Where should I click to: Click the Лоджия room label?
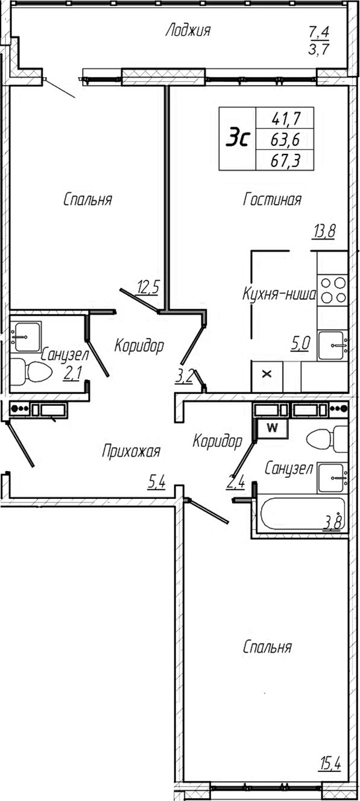tap(188, 31)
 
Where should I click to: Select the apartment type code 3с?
tap(238, 139)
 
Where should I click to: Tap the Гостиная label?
tap(272, 200)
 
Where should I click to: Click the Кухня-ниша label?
tap(279, 295)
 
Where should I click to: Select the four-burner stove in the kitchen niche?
tap(333, 290)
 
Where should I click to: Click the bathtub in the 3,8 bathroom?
tap(301, 514)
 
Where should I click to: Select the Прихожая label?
tap(131, 451)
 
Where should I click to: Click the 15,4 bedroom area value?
tap(330, 765)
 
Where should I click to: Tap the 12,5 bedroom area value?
tap(148, 287)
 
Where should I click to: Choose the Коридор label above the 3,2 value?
tap(139, 346)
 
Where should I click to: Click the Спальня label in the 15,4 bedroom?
tap(267, 647)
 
